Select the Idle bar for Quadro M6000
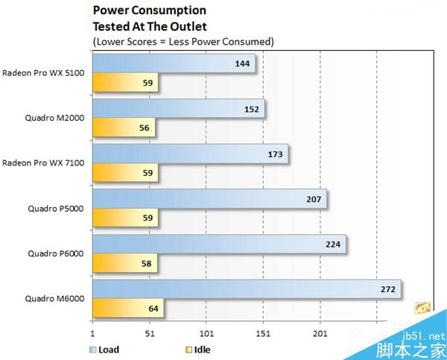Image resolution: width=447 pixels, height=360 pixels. [127, 308]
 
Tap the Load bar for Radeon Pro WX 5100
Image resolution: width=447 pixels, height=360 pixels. [173, 64]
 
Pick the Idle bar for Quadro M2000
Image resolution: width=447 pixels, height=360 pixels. [124, 128]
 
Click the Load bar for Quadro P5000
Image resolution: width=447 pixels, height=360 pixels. [209, 199]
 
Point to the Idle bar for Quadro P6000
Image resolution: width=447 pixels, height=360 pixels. [124, 263]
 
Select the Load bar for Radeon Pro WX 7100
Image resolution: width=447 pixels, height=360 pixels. [189, 154]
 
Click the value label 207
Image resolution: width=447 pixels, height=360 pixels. [312, 199]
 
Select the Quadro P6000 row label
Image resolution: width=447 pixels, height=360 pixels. [57, 253]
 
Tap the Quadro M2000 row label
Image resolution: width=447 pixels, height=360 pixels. [57, 118]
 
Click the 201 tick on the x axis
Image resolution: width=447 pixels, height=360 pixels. [319, 334]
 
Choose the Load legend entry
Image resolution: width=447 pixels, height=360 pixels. [104, 349]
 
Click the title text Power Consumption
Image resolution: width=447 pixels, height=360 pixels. [149, 10]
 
